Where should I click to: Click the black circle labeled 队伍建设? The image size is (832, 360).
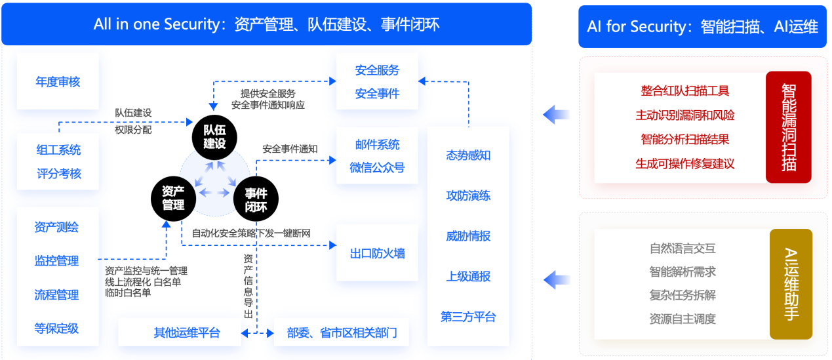click(214, 138)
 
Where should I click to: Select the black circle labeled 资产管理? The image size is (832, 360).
click(174, 199)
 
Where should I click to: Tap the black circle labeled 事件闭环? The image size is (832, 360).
click(256, 199)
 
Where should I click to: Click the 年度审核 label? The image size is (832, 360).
click(58, 82)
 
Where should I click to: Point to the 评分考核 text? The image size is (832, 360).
click(59, 174)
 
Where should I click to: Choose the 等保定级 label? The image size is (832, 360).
click(56, 329)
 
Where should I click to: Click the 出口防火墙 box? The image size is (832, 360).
click(378, 252)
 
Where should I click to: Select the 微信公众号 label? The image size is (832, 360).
click(377, 168)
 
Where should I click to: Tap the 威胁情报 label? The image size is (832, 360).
click(468, 236)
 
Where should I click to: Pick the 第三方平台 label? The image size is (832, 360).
click(468, 317)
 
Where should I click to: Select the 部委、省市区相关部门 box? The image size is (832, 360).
click(342, 332)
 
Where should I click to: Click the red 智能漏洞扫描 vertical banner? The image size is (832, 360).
click(789, 127)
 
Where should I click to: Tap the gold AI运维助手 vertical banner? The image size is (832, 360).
click(791, 284)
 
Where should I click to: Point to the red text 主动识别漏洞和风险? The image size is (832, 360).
click(685, 115)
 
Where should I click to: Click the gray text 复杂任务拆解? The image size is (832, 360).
click(683, 295)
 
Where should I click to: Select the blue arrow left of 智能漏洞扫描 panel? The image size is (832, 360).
click(557, 115)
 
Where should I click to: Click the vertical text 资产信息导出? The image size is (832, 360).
click(248, 286)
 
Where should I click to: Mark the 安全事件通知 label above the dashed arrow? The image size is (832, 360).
click(290, 149)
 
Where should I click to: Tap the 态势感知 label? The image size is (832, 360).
click(468, 155)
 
